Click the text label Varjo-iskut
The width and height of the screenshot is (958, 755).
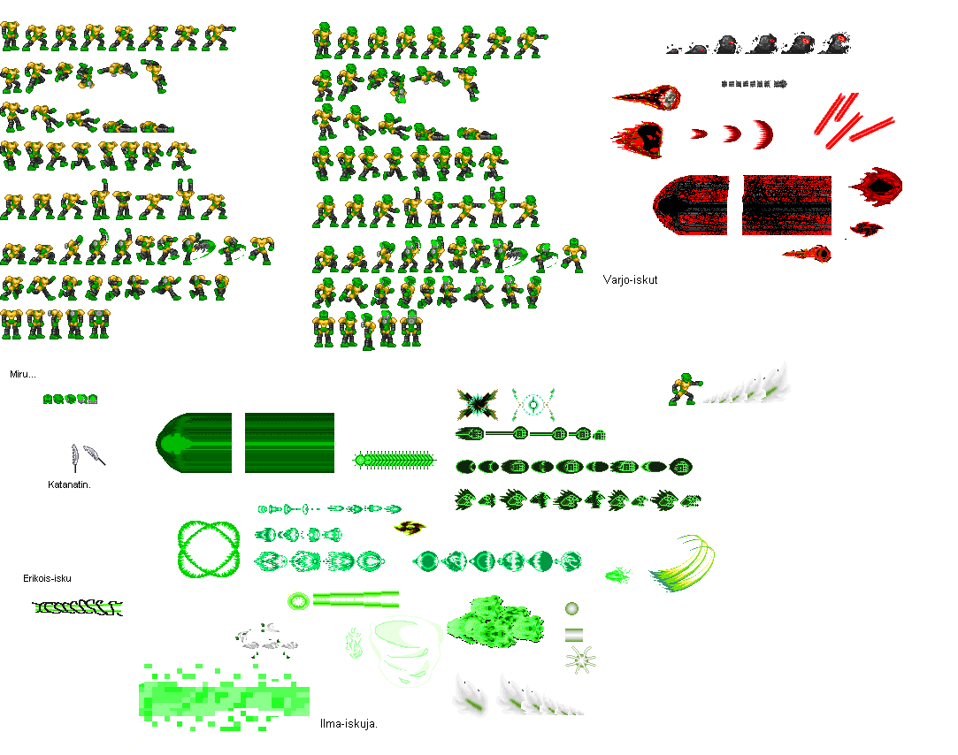pyautogui.click(x=630, y=280)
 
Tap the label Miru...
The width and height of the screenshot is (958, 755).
pyautogui.click(x=23, y=375)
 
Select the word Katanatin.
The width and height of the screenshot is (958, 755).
pyautogui.click(x=69, y=484)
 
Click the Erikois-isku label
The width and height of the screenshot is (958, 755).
pyautogui.click(x=47, y=578)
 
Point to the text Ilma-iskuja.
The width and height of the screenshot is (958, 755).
pyautogui.click(x=349, y=724)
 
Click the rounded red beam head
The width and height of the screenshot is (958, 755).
pyautogui.click(x=691, y=205)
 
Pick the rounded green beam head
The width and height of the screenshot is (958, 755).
pyautogui.click(x=194, y=443)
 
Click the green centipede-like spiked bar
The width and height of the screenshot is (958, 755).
pyautogui.click(x=395, y=460)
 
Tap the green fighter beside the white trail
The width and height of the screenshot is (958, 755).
pyautogui.click(x=684, y=389)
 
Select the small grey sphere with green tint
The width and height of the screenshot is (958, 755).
pyautogui.click(x=571, y=608)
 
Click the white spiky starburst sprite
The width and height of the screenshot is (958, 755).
pyautogui.click(x=579, y=660)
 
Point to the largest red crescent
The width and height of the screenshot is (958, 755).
pyautogui.click(x=763, y=135)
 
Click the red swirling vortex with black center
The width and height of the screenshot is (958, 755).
pyautogui.click(x=878, y=187)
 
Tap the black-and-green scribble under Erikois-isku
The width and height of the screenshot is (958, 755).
pyautogui.click(x=78, y=607)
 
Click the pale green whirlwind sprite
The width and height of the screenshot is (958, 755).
pyautogui.click(x=404, y=652)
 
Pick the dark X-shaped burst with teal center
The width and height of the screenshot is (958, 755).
pyautogui.click(x=477, y=404)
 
